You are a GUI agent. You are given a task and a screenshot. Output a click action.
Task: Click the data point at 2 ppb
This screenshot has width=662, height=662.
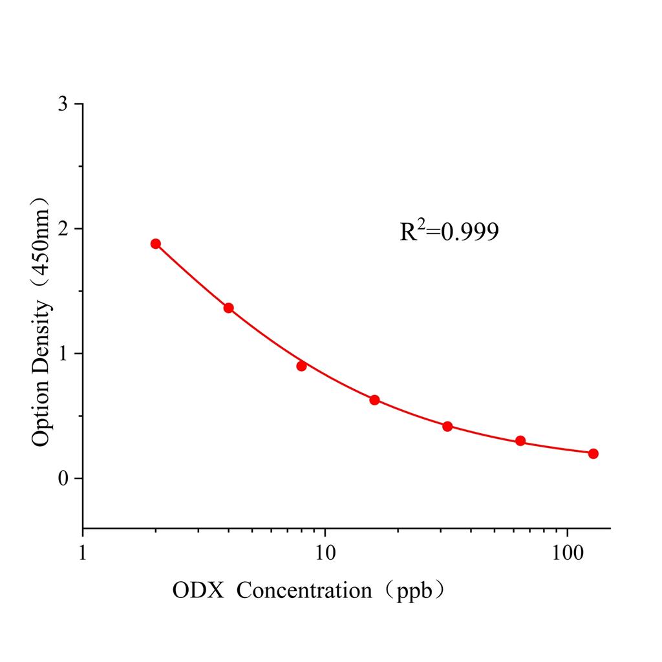(155, 244)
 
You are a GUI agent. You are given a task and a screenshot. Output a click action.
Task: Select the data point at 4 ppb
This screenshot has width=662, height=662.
(228, 308)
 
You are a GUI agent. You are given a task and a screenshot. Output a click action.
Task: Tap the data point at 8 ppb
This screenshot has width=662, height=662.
(301, 366)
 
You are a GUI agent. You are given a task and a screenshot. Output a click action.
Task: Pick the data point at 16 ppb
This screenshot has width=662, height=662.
(374, 400)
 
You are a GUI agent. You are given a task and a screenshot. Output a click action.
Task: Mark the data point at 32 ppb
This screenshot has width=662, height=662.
(447, 426)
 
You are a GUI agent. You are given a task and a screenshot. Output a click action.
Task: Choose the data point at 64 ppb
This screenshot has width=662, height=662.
(520, 441)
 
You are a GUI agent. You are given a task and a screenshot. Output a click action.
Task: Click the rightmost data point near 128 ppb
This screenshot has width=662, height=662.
(593, 453)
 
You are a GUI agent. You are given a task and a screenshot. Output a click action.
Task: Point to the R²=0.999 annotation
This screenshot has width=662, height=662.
(449, 231)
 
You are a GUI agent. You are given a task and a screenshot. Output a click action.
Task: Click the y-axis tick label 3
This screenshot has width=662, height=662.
(63, 104)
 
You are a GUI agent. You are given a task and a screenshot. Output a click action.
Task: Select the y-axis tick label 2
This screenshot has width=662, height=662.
(63, 229)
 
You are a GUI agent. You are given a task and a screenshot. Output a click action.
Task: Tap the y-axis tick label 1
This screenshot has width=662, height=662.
(63, 354)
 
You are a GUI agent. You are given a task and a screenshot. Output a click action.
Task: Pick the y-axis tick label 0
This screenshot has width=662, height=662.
(63, 478)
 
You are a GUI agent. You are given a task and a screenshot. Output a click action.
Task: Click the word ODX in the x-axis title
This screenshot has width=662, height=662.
(198, 590)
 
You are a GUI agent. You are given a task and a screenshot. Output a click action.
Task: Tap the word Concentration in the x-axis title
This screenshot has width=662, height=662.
(304, 590)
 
